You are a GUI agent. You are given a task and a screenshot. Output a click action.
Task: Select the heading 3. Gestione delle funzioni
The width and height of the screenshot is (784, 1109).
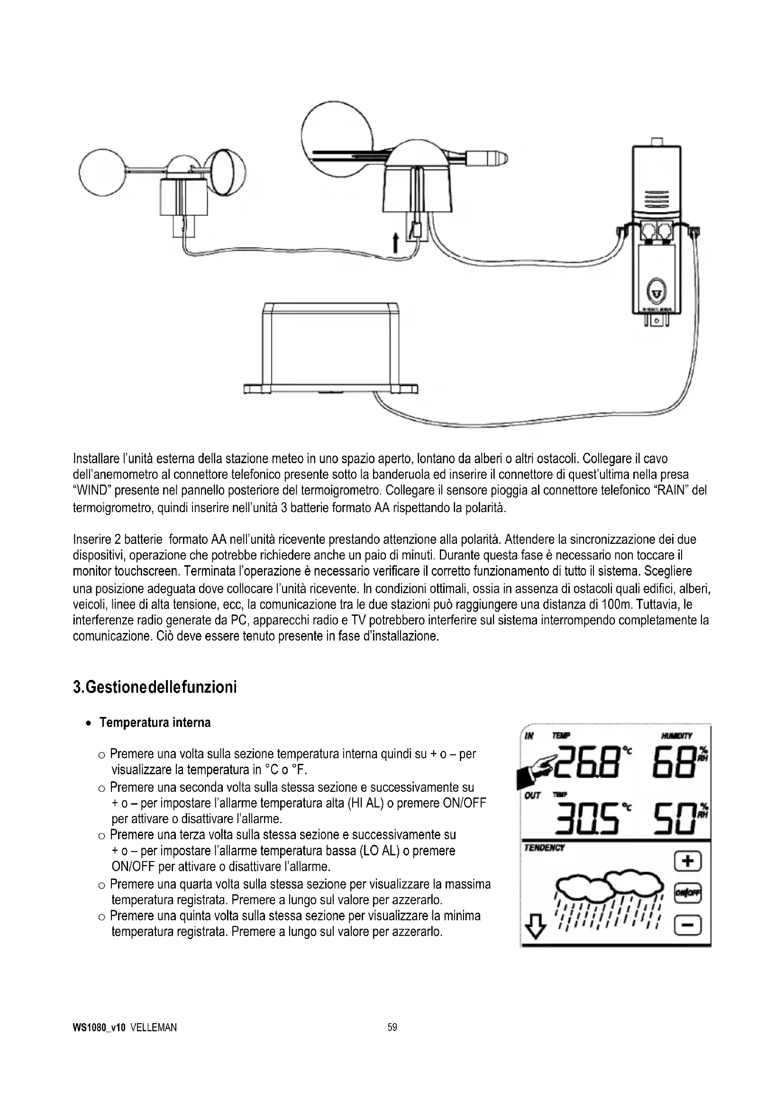(155, 687)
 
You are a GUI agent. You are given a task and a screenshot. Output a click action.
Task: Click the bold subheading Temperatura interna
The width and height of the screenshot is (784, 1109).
(155, 723)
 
